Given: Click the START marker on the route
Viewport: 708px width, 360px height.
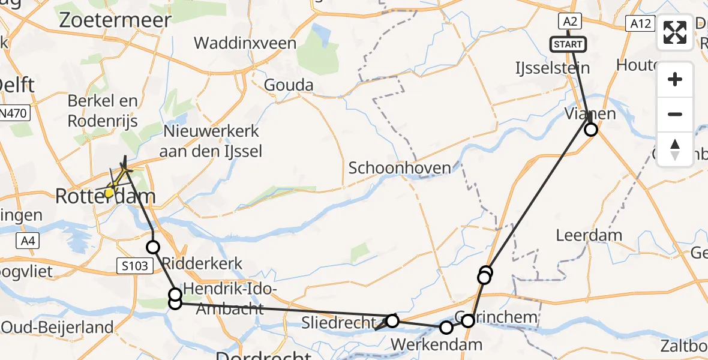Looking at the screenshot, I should (567, 44).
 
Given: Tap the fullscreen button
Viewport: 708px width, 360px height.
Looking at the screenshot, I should (675, 32).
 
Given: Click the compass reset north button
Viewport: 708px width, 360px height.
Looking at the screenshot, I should (675, 149).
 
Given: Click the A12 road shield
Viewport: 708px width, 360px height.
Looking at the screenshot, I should (640, 23).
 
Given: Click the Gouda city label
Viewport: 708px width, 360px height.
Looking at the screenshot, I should (289, 85).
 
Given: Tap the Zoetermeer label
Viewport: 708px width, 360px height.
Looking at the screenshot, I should (115, 20).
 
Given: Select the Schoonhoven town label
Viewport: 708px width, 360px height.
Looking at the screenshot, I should (400, 168).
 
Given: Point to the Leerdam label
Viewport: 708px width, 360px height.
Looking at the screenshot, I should (589, 235).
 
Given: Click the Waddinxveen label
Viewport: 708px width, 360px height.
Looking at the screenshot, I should (245, 43).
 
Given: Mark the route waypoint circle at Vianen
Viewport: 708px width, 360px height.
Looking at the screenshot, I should (592, 130).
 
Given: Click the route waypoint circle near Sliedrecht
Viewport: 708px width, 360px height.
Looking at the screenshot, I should (392, 321).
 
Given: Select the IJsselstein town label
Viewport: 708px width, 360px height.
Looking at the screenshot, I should (553, 68).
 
